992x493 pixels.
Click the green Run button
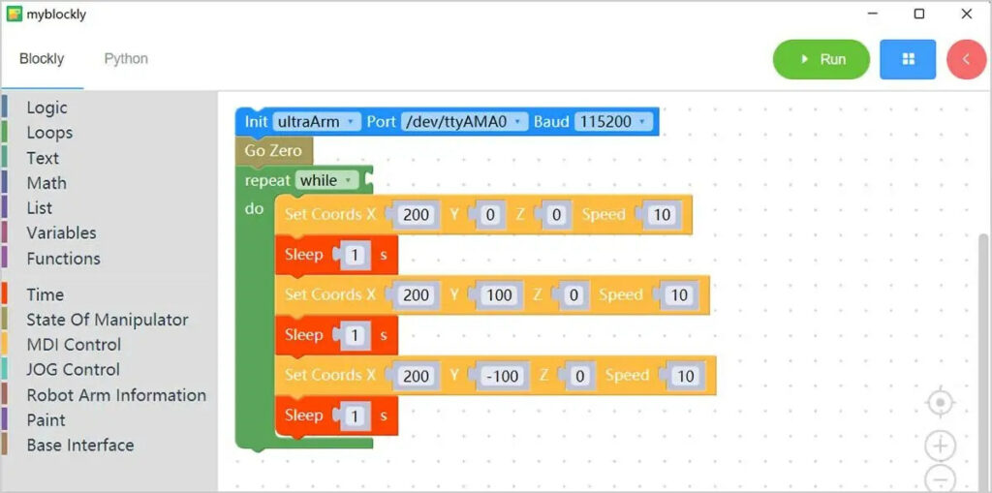pyautogui.click(x=821, y=59)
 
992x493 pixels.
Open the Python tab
pyautogui.click(x=126, y=59)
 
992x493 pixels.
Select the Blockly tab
pyautogui.click(x=42, y=59)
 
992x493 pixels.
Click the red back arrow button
pyautogui.click(x=966, y=59)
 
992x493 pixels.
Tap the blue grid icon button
pyautogui.click(x=908, y=59)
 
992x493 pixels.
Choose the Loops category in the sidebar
pyautogui.click(x=49, y=133)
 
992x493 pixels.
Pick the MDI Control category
pyautogui.click(x=74, y=345)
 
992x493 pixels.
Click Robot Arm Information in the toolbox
pyautogui.click(x=116, y=395)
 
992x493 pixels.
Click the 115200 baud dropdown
pyautogui.click(x=613, y=122)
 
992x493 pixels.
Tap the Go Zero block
pyautogui.click(x=273, y=151)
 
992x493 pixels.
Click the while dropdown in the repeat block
pyautogui.click(x=325, y=180)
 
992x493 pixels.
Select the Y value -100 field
pyautogui.click(x=502, y=376)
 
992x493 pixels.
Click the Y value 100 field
pyautogui.click(x=499, y=295)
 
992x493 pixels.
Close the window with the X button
pyautogui.click(x=966, y=14)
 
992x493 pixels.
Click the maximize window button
pyautogui.click(x=919, y=14)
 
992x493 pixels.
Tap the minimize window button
pyautogui.click(x=872, y=14)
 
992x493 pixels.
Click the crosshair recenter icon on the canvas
pyautogui.click(x=940, y=402)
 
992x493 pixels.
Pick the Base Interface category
pyautogui.click(x=80, y=446)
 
